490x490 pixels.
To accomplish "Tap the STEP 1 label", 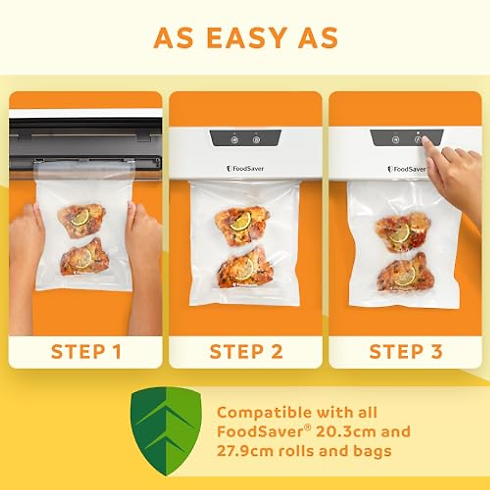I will (86, 352).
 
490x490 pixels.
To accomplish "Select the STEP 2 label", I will (246, 352).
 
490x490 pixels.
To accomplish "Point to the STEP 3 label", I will (406, 352).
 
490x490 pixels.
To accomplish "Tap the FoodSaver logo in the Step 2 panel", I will (245, 168).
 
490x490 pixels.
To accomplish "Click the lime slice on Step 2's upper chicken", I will (240, 221).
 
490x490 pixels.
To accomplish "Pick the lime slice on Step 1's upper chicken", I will (80, 217).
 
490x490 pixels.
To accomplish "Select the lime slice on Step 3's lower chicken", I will (405, 276).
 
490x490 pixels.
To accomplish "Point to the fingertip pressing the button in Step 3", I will (425, 141).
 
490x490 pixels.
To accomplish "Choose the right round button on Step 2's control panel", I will (256, 140).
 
